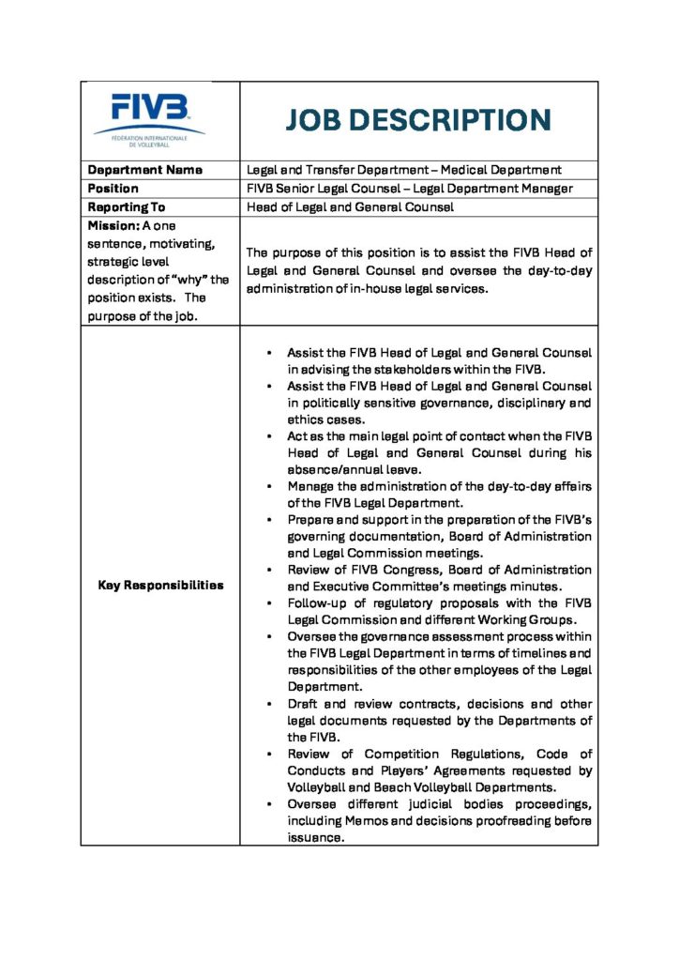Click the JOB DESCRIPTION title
pyautogui.click(x=418, y=121)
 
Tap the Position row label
pyautogui.click(x=113, y=188)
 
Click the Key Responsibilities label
pyautogui.click(x=160, y=585)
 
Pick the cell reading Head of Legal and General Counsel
pyautogui.click(x=350, y=206)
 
